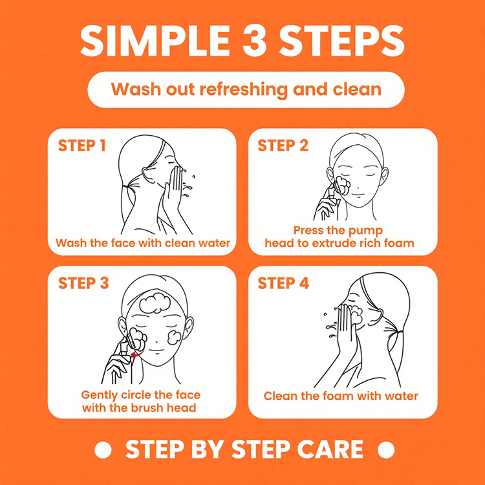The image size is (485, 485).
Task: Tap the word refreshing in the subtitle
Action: point(244,89)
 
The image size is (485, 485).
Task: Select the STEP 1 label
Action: point(82,145)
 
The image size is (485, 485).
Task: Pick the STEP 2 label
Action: point(283,145)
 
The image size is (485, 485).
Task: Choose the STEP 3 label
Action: point(83,283)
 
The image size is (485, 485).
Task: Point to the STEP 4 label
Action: point(283,283)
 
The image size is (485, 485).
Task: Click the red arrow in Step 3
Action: point(136,353)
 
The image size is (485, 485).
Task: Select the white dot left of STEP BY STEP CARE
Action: point(103,449)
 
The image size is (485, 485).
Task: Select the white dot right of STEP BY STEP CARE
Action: point(386,449)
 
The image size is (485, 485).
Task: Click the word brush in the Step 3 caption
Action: point(147,407)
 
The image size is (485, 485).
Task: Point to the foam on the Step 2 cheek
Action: point(343,186)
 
